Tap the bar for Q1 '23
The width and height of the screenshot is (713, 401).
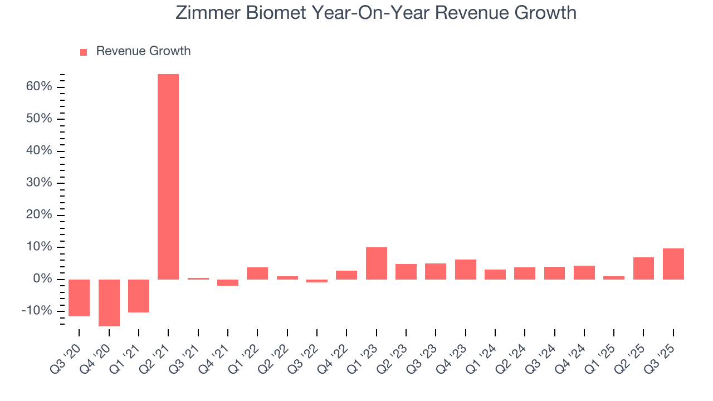click(377, 263)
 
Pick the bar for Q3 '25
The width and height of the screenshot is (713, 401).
click(673, 263)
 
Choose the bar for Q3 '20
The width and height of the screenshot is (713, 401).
click(79, 297)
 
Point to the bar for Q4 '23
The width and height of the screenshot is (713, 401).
click(466, 269)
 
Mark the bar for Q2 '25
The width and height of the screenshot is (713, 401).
click(643, 268)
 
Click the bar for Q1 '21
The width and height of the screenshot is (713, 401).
click(139, 296)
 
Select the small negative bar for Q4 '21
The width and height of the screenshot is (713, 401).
click(228, 282)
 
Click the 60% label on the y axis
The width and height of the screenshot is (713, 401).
click(38, 87)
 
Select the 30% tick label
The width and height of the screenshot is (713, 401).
click(38, 183)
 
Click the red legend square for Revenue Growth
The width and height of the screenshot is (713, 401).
click(84, 52)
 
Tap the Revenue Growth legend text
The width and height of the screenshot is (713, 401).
click(143, 51)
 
